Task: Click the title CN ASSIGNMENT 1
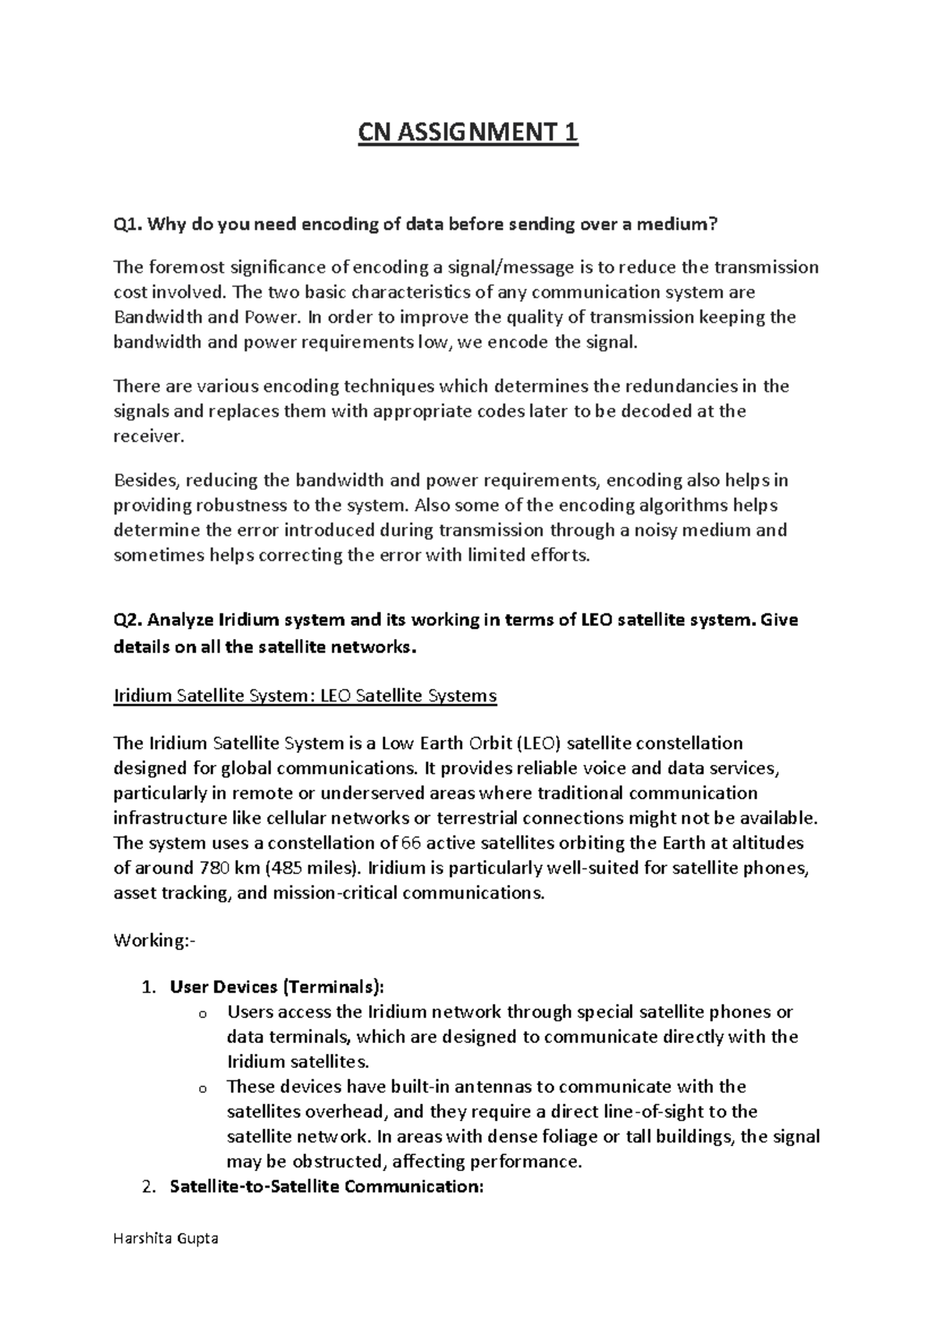[x=468, y=133]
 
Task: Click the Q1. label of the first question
[x=127, y=225]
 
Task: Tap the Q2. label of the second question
[x=127, y=620]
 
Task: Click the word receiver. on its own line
[x=149, y=436]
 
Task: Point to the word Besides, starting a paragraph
[x=147, y=480]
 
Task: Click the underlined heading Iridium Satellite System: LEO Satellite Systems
[x=305, y=695]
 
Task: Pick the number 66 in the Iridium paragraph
[x=411, y=843]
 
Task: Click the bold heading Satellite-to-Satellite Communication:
[x=327, y=1187]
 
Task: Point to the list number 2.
[x=149, y=1187]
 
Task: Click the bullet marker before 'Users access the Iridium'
[x=203, y=1014]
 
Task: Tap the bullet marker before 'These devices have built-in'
[x=203, y=1088]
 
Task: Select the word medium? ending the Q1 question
[x=675, y=225]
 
